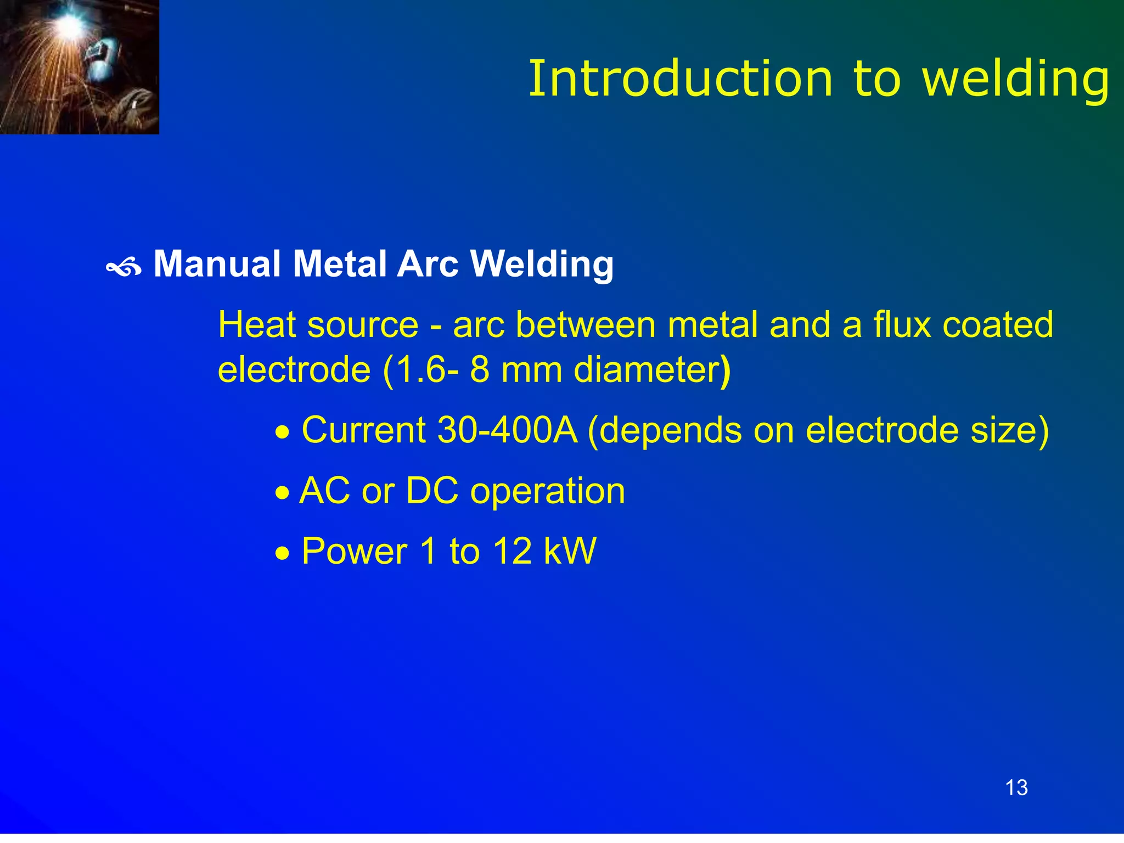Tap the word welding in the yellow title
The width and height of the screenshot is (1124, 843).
click(1016, 80)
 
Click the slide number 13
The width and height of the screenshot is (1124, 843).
click(1016, 788)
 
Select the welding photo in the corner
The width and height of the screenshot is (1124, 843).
click(79, 66)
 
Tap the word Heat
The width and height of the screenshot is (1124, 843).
click(257, 324)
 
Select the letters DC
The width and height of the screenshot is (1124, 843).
click(432, 490)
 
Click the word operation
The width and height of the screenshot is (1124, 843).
click(548, 491)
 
